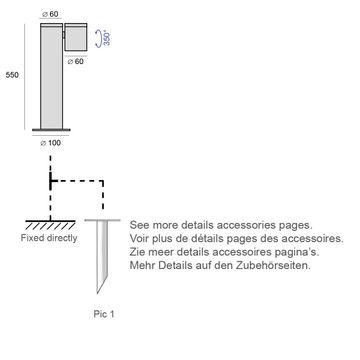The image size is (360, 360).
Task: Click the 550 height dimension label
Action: pyautogui.click(x=12, y=75)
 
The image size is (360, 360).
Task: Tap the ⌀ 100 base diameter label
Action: pyautogui.click(x=51, y=143)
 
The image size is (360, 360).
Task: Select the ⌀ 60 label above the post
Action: pyautogui.click(x=49, y=14)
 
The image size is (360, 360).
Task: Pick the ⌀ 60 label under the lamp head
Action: pyautogui.click(x=75, y=62)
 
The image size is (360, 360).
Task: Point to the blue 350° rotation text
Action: pyautogui.click(x=107, y=38)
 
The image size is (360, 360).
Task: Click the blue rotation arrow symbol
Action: pyautogui.click(x=98, y=38)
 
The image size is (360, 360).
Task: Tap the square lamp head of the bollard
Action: pyautogui.click(x=76, y=37)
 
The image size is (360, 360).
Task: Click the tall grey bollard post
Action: pyautogui.click(x=51, y=76)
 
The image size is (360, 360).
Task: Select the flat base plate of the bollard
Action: pyautogui.click(x=51, y=130)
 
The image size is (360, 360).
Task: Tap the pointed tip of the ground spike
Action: pyautogui.click(x=97, y=293)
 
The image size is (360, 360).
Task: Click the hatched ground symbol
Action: pyautogui.click(x=50, y=225)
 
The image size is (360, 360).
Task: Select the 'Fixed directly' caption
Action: pyautogui.click(x=49, y=238)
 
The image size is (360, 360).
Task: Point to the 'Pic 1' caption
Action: pyautogui.click(x=104, y=314)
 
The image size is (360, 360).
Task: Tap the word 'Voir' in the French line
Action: pyautogui.click(x=138, y=239)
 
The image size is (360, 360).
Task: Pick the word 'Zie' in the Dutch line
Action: pyautogui.click(x=136, y=252)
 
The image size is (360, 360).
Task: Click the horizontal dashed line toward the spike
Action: pyautogui.click(x=77, y=181)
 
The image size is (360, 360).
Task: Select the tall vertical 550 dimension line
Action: pyautogui.click(x=25, y=76)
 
